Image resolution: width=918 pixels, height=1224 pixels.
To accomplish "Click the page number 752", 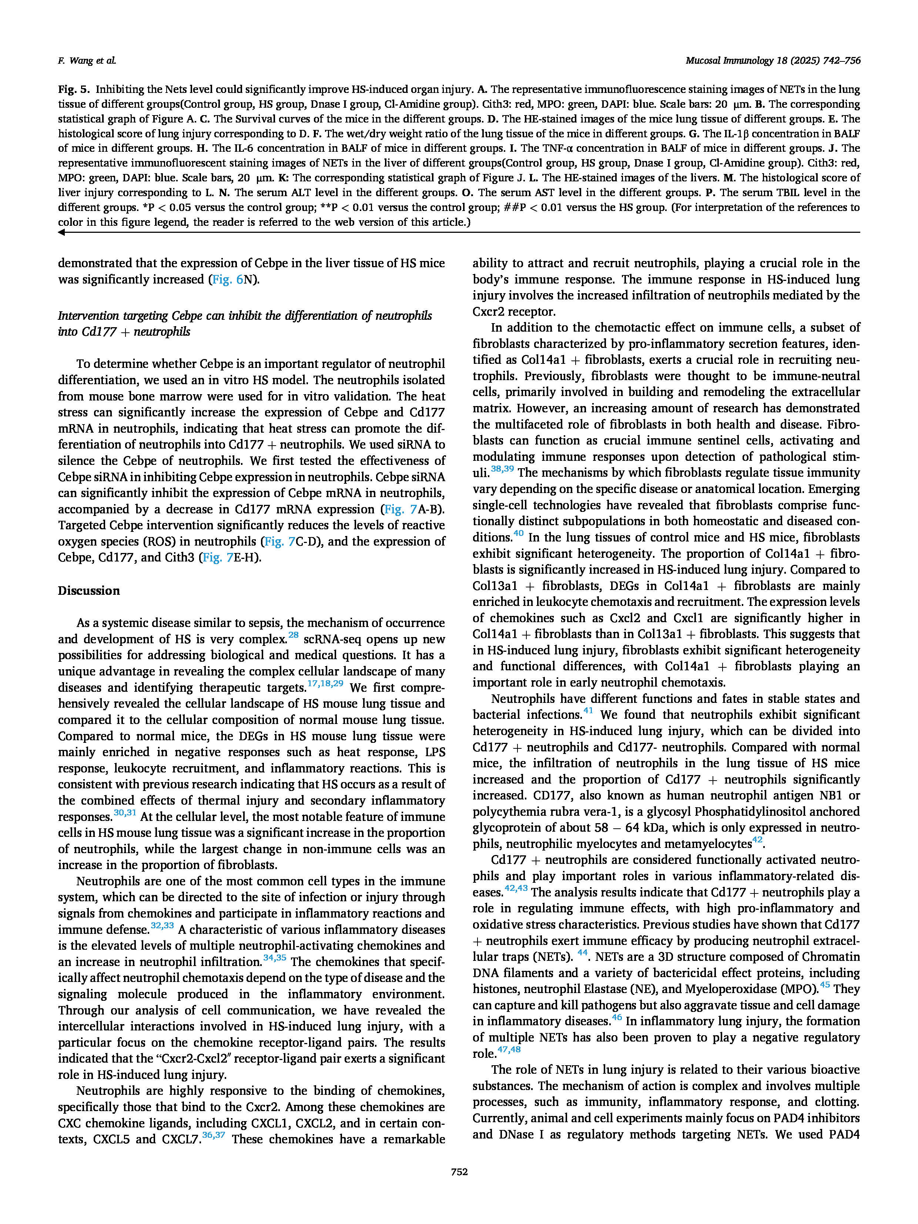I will [x=459, y=1171].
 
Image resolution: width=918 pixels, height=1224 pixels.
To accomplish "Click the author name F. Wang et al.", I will [x=87, y=60].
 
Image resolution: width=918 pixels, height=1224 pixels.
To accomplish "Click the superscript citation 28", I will [x=293, y=635].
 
